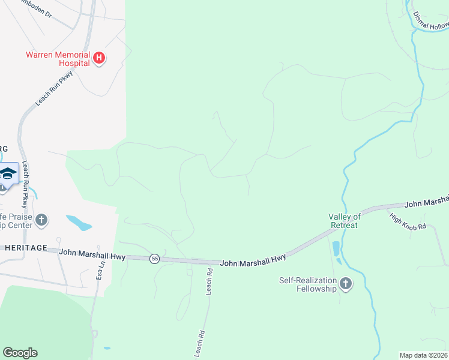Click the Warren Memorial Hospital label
tap(57, 58)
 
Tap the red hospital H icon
tap(100, 58)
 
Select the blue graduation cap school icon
tap(8, 174)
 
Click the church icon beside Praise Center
tap(41, 220)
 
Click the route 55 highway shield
tap(155, 258)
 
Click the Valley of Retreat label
tap(344, 221)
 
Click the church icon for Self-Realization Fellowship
tap(345, 283)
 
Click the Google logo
tap(20, 353)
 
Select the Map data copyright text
tap(424, 355)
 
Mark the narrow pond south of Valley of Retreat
tap(336, 248)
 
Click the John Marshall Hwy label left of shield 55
tap(92, 255)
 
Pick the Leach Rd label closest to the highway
tap(209, 280)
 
